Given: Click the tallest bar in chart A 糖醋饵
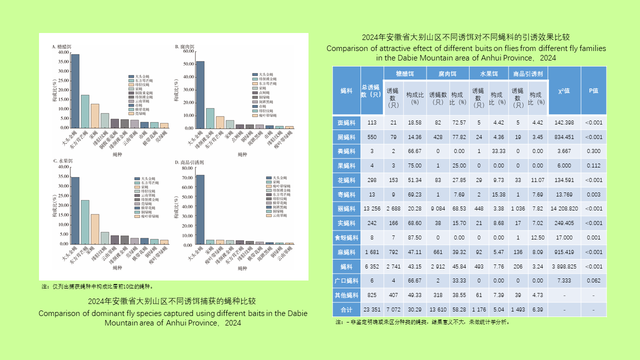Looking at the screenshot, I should (75, 90).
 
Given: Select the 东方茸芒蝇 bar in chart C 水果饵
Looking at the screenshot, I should (85, 222).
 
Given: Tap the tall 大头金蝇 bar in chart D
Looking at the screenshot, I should (200, 209).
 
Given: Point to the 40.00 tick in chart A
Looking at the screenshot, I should (64, 52).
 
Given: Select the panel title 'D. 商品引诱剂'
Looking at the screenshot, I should (189, 162).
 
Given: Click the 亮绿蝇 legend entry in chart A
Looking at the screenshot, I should (137, 113).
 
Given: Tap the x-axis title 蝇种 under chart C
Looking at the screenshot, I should (117, 268).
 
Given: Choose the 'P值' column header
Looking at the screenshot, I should (593, 90).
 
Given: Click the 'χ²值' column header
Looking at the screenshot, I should (564, 90).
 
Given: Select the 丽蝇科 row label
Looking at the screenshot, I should (346, 208).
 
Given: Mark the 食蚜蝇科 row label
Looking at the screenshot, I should (346, 237).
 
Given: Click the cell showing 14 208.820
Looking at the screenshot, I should (564, 208).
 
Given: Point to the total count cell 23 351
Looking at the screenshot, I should (372, 309).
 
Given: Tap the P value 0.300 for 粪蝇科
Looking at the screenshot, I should (593, 151).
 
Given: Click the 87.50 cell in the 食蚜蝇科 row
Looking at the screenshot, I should (414, 237).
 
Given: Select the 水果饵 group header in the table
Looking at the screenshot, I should (489, 73).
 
